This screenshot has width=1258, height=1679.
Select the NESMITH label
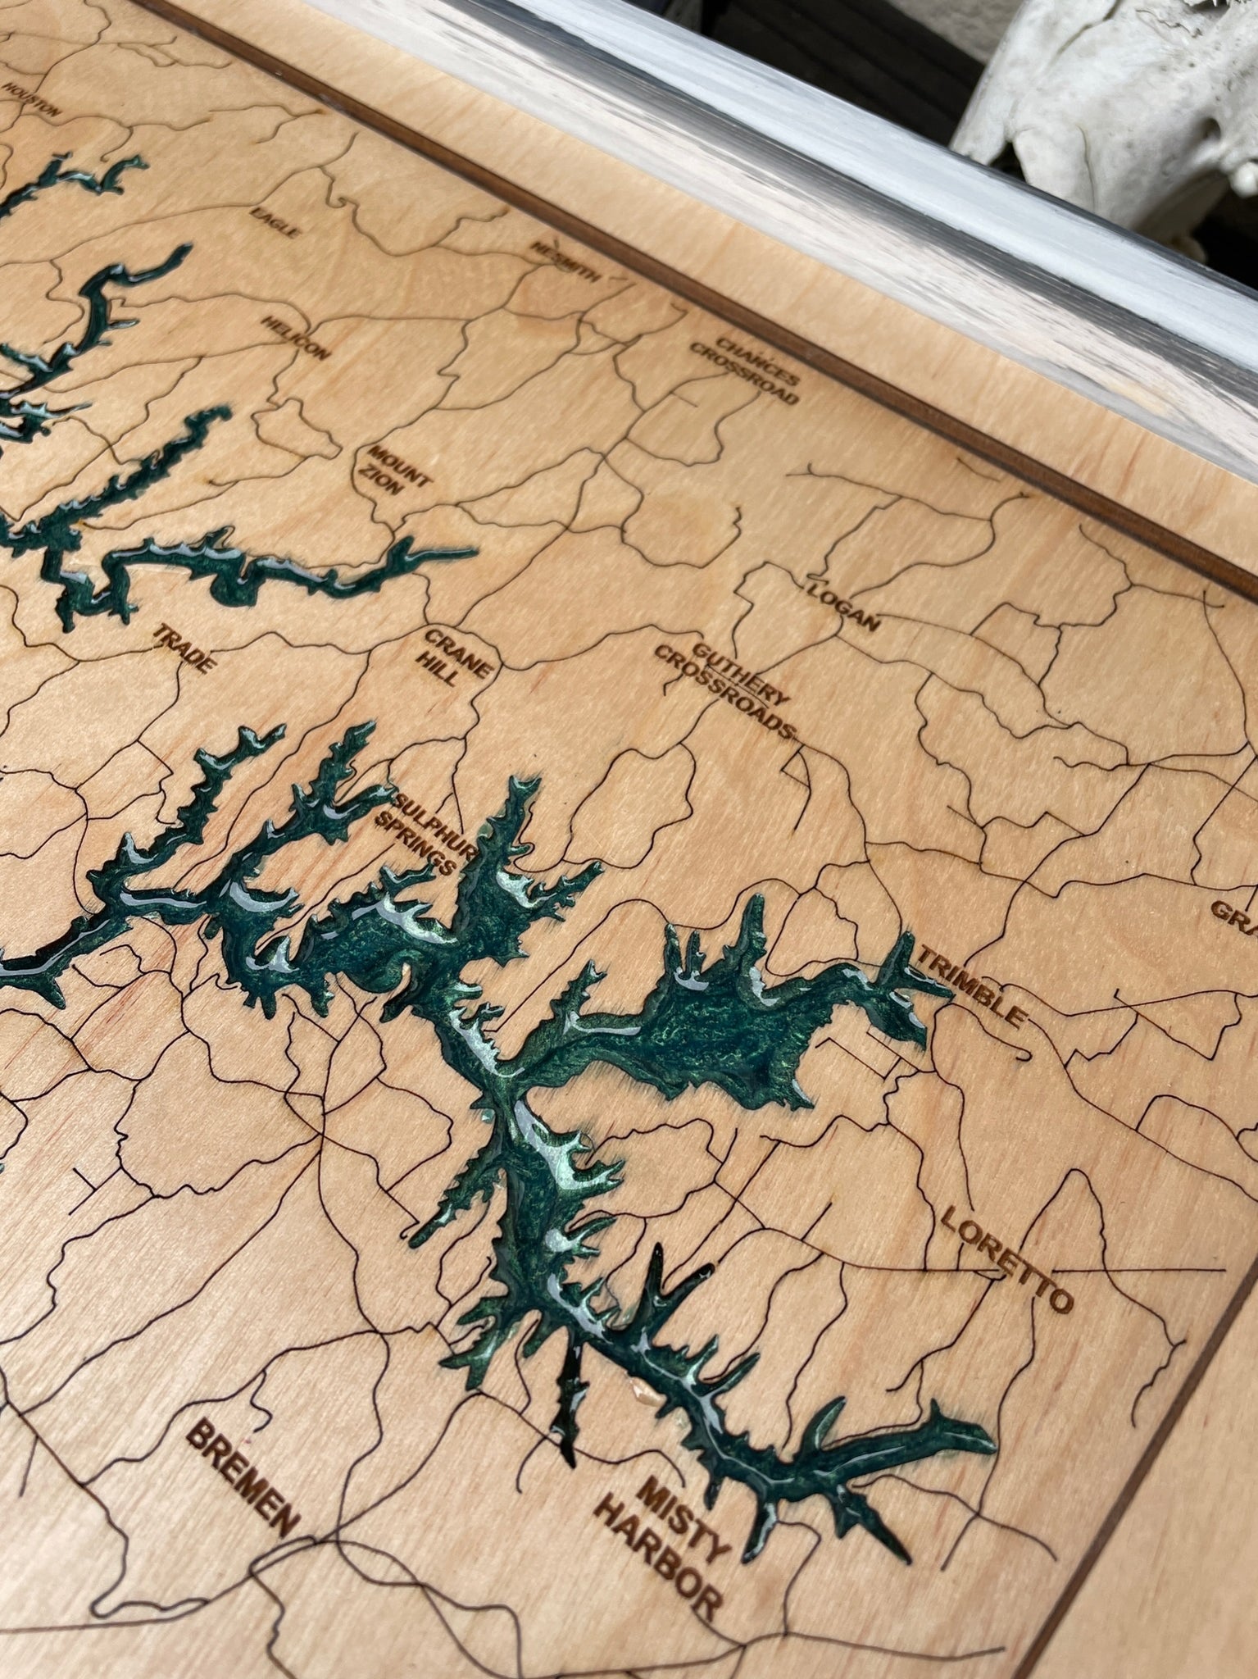point(565,262)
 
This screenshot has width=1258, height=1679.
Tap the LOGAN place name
point(842,606)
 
